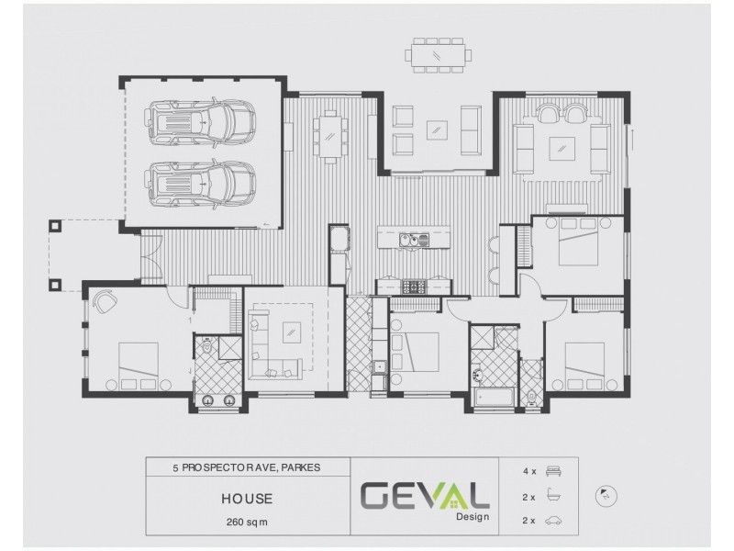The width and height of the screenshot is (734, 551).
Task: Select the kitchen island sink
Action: pos(411,241)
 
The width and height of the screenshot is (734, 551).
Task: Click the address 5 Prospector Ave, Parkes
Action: pos(247,467)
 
